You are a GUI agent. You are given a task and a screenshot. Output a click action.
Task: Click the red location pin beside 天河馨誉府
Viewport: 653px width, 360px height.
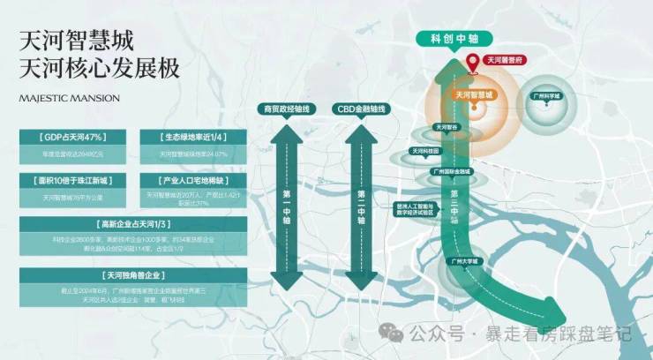pyautogui.click(x=474, y=62)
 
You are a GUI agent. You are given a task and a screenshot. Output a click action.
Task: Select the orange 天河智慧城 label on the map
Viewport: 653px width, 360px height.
pyautogui.click(x=475, y=94)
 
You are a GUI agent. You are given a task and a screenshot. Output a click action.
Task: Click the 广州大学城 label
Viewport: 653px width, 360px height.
pyautogui.click(x=462, y=261)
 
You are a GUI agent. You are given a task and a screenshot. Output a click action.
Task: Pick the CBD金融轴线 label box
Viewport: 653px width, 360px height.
pyautogui.click(x=360, y=109)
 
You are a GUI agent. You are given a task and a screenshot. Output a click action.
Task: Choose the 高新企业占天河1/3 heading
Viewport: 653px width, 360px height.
pyautogui.click(x=132, y=223)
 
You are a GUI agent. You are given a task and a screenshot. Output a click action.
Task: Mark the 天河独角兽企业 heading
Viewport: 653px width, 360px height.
pyautogui.click(x=132, y=274)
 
